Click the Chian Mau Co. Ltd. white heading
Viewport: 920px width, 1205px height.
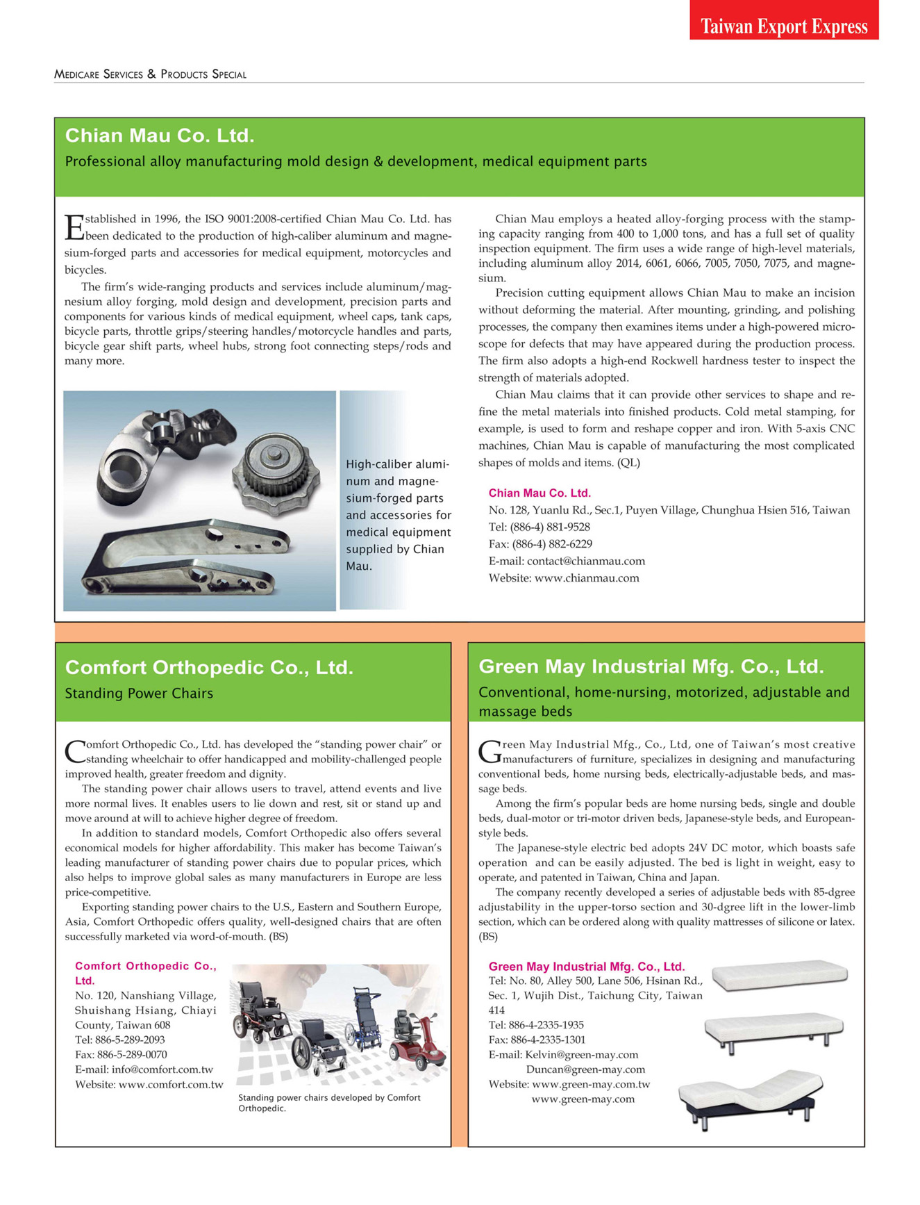pos(160,136)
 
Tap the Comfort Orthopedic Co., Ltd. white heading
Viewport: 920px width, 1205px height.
pos(209,668)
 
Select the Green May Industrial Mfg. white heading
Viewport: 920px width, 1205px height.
pos(651,667)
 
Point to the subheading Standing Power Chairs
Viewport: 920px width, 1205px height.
pos(139,694)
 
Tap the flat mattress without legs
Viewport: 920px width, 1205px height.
pos(780,974)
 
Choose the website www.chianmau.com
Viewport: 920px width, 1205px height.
pos(586,578)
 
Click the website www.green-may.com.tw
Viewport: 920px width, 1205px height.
pos(590,1084)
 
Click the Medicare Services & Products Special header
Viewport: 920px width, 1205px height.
pos(150,74)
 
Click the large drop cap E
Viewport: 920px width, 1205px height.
pos(74,227)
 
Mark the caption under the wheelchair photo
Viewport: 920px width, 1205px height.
pos(329,1103)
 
